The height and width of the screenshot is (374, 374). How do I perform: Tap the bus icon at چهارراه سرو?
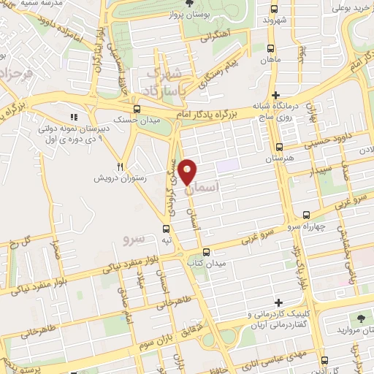point(306,215)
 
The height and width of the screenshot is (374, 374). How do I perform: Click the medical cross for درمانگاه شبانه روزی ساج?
point(275,95)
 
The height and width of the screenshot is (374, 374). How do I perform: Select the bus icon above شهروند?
point(274,9)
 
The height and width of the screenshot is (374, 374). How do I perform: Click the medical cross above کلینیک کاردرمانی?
point(277,302)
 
